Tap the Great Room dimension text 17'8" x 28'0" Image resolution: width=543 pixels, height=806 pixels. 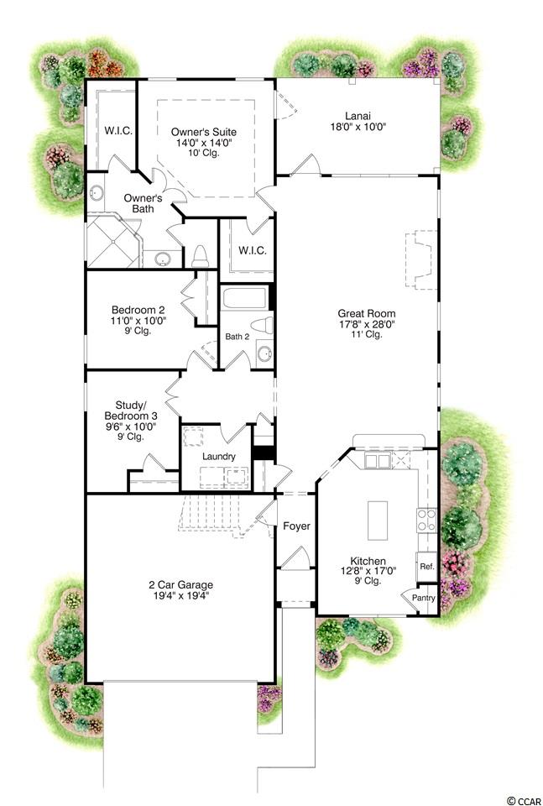click(366, 324)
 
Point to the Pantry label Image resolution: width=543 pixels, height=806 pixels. click(424, 598)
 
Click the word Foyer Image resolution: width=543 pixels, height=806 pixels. click(296, 526)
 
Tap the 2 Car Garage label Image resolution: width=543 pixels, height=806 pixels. click(180, 585)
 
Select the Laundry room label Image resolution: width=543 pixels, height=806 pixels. click(219, 457)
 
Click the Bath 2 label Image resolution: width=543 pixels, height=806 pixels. click(238, 337)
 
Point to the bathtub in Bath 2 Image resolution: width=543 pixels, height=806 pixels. click(244, 297)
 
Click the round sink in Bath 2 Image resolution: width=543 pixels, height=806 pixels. click(264, 353)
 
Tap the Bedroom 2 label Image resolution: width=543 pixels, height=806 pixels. click(138, 310)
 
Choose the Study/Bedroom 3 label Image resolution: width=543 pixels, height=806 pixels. click(131, 411)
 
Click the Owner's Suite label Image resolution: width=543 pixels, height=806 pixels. click(204, 133)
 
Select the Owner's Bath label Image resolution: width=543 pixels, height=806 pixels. click(144, 203)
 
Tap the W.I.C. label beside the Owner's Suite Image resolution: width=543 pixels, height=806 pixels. click(119, 131)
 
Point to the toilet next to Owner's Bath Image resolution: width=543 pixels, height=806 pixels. click(199, 256)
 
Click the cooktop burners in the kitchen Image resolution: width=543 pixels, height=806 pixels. click(426, 519)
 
